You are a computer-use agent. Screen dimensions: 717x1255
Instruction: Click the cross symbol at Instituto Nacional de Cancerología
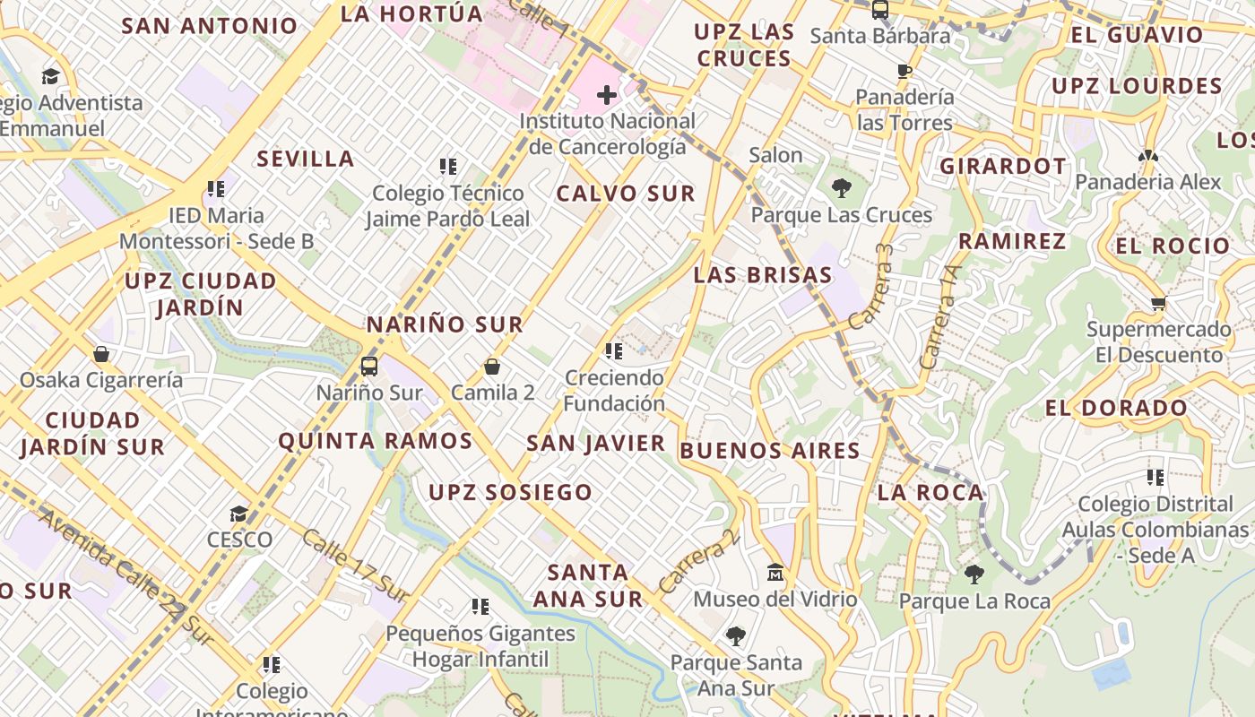point(607,94)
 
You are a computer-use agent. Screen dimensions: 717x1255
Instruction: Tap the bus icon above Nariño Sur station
point(369,366)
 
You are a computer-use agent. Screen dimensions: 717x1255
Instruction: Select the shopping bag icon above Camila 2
point(491,367)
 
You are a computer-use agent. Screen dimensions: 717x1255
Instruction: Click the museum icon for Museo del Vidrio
point(775,572)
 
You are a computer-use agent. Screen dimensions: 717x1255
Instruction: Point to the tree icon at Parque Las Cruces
point(841,188)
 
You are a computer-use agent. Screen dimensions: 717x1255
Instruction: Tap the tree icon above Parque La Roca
point(974,574)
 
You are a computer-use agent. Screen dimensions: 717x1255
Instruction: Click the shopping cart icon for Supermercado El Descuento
point(1158,303)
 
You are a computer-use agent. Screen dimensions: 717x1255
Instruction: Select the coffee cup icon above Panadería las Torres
point(904,71)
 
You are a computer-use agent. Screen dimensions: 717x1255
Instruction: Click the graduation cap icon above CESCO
point(238,514)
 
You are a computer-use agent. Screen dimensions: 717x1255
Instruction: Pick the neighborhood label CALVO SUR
point(626,194)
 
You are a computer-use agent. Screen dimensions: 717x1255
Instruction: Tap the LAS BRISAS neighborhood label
point(763,275)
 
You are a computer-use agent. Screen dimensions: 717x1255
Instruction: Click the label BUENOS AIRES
point(770,450)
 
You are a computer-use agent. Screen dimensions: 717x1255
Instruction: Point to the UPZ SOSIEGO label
point(510,492)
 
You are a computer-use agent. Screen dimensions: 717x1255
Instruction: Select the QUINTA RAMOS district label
point(375,441)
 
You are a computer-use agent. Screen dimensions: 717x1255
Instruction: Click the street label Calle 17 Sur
point(355,565)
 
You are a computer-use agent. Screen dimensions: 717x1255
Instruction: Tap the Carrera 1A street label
point(941,316)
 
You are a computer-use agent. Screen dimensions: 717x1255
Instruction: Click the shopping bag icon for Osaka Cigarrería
point(101,354)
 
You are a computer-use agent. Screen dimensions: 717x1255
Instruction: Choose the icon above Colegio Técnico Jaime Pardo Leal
point(448,166)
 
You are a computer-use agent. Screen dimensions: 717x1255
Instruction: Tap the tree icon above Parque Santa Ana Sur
point(736,636)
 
